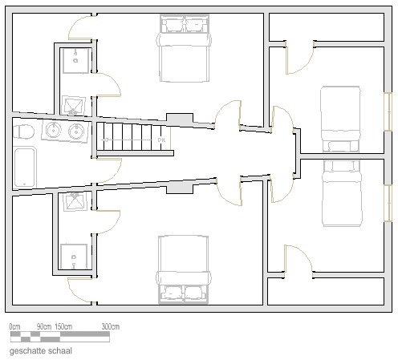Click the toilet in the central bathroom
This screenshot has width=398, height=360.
(23, 131)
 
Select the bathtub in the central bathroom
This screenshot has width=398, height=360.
(25, 168)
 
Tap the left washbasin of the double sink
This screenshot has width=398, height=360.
(54, 130)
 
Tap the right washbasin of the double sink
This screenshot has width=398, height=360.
(77, 131)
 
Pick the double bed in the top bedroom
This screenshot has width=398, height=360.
(184, 48)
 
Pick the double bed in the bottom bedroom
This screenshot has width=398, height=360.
(184, 269)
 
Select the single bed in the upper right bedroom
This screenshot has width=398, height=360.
(340, 119)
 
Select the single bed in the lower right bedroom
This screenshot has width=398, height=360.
(342, 193)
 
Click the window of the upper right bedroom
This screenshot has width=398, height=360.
(388, 111)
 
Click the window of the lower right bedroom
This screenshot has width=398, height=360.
(388, 203)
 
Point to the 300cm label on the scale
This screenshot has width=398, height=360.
(111, 326)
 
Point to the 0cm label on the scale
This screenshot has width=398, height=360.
(14, 326)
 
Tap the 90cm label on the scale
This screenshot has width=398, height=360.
(44, 326)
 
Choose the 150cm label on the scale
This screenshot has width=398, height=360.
(63, 326)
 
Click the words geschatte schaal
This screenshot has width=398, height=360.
(41, 351)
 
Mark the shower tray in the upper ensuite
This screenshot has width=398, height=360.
(74, 105)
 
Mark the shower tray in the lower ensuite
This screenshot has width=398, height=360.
(75, 202)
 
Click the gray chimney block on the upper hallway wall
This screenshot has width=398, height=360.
(180, 119)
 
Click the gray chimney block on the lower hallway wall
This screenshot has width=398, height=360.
(180, 188)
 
